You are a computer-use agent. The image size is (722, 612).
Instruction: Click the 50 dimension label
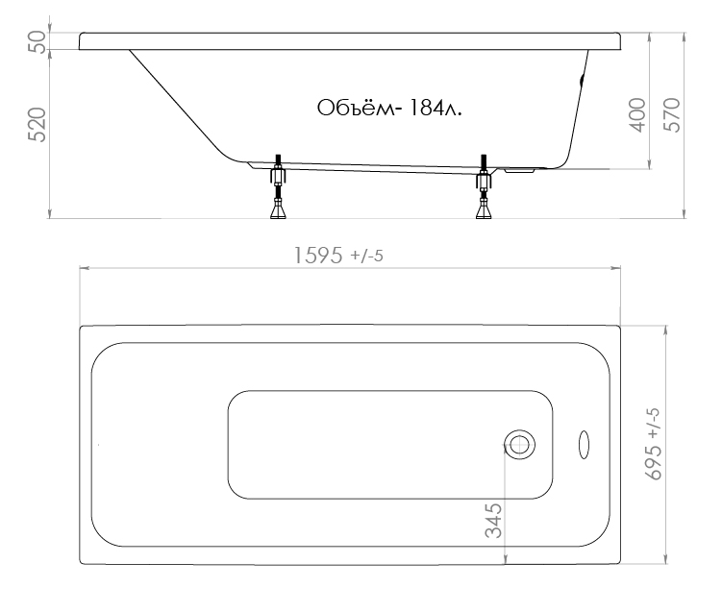tap(37, 42)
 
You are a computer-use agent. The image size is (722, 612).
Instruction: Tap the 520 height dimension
tap(37, 125)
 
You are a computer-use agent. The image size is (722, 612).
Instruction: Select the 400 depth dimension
tap(637, 115)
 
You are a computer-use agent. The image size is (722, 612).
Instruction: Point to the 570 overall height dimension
tap(672, 115)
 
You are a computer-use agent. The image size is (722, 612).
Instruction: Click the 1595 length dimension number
tap(318, 256)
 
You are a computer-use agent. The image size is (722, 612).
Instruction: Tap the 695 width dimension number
tap(655, 462)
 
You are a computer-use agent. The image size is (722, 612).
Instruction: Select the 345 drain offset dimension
tap(493, 521)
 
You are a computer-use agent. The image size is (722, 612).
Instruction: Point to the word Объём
tap(356, 109)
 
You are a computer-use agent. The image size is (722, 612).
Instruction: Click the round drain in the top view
tap(519, 445)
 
